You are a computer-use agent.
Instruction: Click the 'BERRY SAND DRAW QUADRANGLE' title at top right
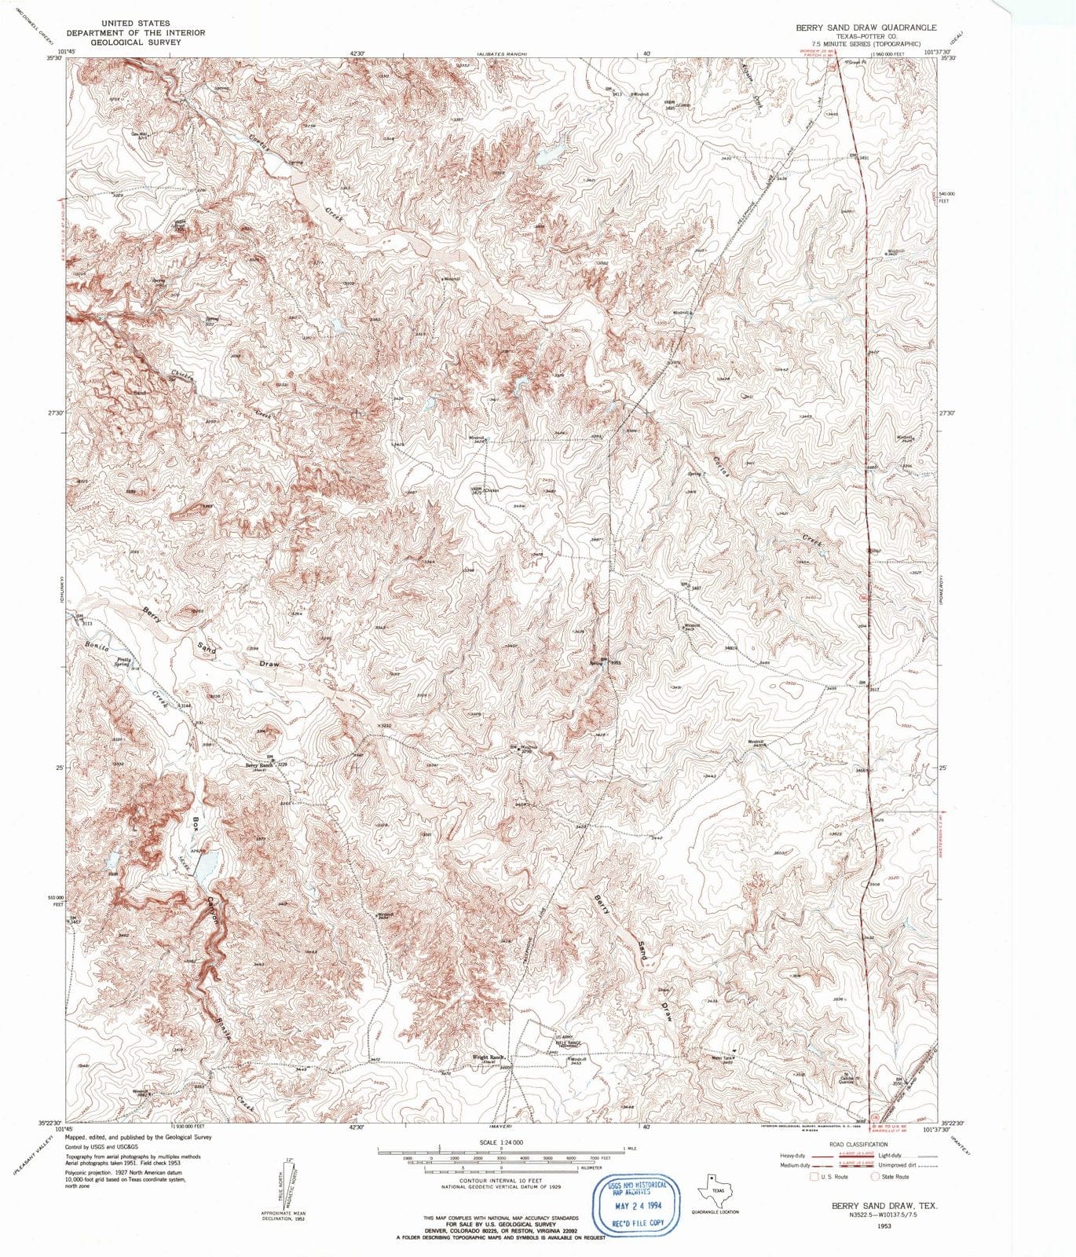(x=866, y=27)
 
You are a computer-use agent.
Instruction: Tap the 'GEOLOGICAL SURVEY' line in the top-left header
(x=136, y=42)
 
